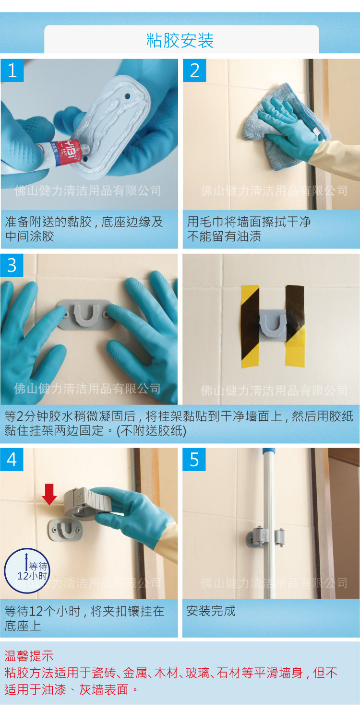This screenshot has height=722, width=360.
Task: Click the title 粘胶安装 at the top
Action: (180, 41)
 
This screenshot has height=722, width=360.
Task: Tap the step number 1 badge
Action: (12, 70)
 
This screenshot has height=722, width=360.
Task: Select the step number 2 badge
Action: (194, 70)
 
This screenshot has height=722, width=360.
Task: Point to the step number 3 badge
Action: (12, 265)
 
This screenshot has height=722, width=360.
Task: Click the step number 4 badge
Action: (12, 459)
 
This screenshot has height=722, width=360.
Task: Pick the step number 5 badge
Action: (194, 459)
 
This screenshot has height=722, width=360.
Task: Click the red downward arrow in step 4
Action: (49, 494)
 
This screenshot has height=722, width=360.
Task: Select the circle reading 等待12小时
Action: (27, 571)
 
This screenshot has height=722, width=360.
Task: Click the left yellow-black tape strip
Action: (251, 326)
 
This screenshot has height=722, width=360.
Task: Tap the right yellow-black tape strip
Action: (295, 326)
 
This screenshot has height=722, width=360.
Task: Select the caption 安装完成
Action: (211, 611)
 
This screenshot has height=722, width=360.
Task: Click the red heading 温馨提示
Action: (29, 656)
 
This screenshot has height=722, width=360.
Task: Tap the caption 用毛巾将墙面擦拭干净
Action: (249, 222)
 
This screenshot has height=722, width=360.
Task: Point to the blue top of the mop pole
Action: (269, 450)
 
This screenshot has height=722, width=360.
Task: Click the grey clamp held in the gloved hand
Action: (87, 503)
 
